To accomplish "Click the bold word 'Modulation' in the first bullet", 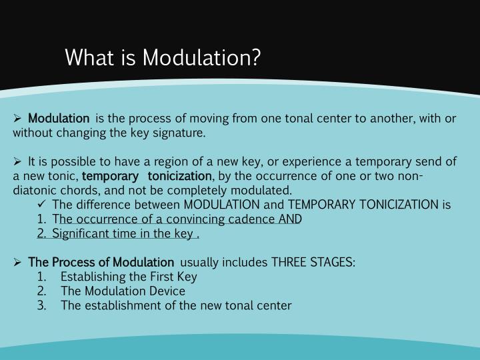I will click(x=59, y=119).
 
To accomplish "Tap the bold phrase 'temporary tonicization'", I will click(x=146, y=176).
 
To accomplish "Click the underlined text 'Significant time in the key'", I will click(x=124, y=233).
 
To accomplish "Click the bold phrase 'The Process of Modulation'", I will click(x=101, y=262).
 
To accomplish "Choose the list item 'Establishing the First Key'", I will click(x=129, y=277).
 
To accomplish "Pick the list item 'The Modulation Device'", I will click(x=123, y=291).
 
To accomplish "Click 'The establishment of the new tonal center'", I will click(x=176, y=305).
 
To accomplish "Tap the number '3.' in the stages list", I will click(x=42, y=305).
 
